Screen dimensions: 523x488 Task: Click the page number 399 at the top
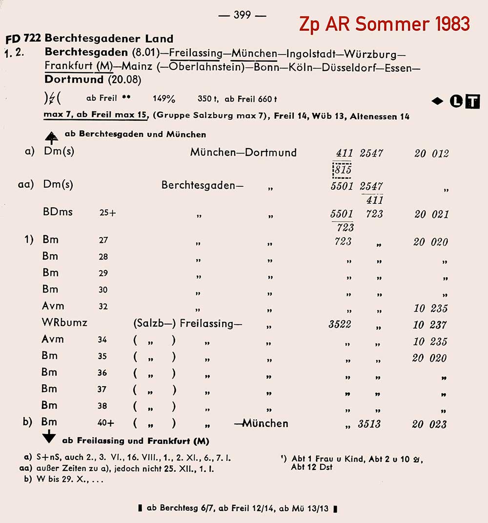pos(242,15)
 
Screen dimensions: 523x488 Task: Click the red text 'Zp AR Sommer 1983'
pos(385,23)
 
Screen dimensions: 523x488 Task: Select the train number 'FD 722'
pos(23,38)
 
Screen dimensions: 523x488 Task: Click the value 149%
pos(164,98)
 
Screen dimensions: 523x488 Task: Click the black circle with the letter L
pos(457,102)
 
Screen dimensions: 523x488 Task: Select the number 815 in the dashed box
pos(342,169)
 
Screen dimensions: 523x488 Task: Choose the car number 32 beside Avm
pos(103,307)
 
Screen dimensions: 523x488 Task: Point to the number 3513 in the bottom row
pos(369,424)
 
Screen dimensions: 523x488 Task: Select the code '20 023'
pos(429,424)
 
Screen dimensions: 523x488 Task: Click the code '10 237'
pos(429,325)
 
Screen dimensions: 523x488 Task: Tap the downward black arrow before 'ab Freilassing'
pos(50,438)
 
